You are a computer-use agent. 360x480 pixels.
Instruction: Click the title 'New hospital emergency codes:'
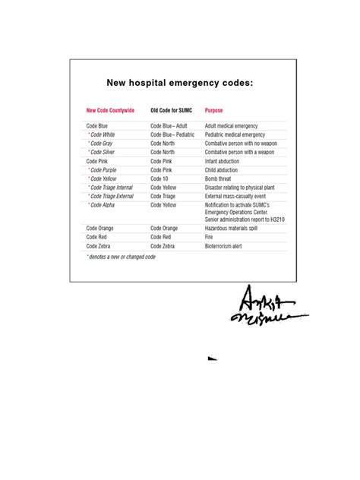coord(178,82)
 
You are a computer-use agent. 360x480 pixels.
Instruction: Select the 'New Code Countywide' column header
coord(110,110)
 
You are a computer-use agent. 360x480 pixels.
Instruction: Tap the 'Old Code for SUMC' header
coord(172,110)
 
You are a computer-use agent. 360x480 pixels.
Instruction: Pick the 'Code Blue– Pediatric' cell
coord(172,134)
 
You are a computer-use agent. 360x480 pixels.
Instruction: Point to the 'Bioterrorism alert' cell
coord(229,246)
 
